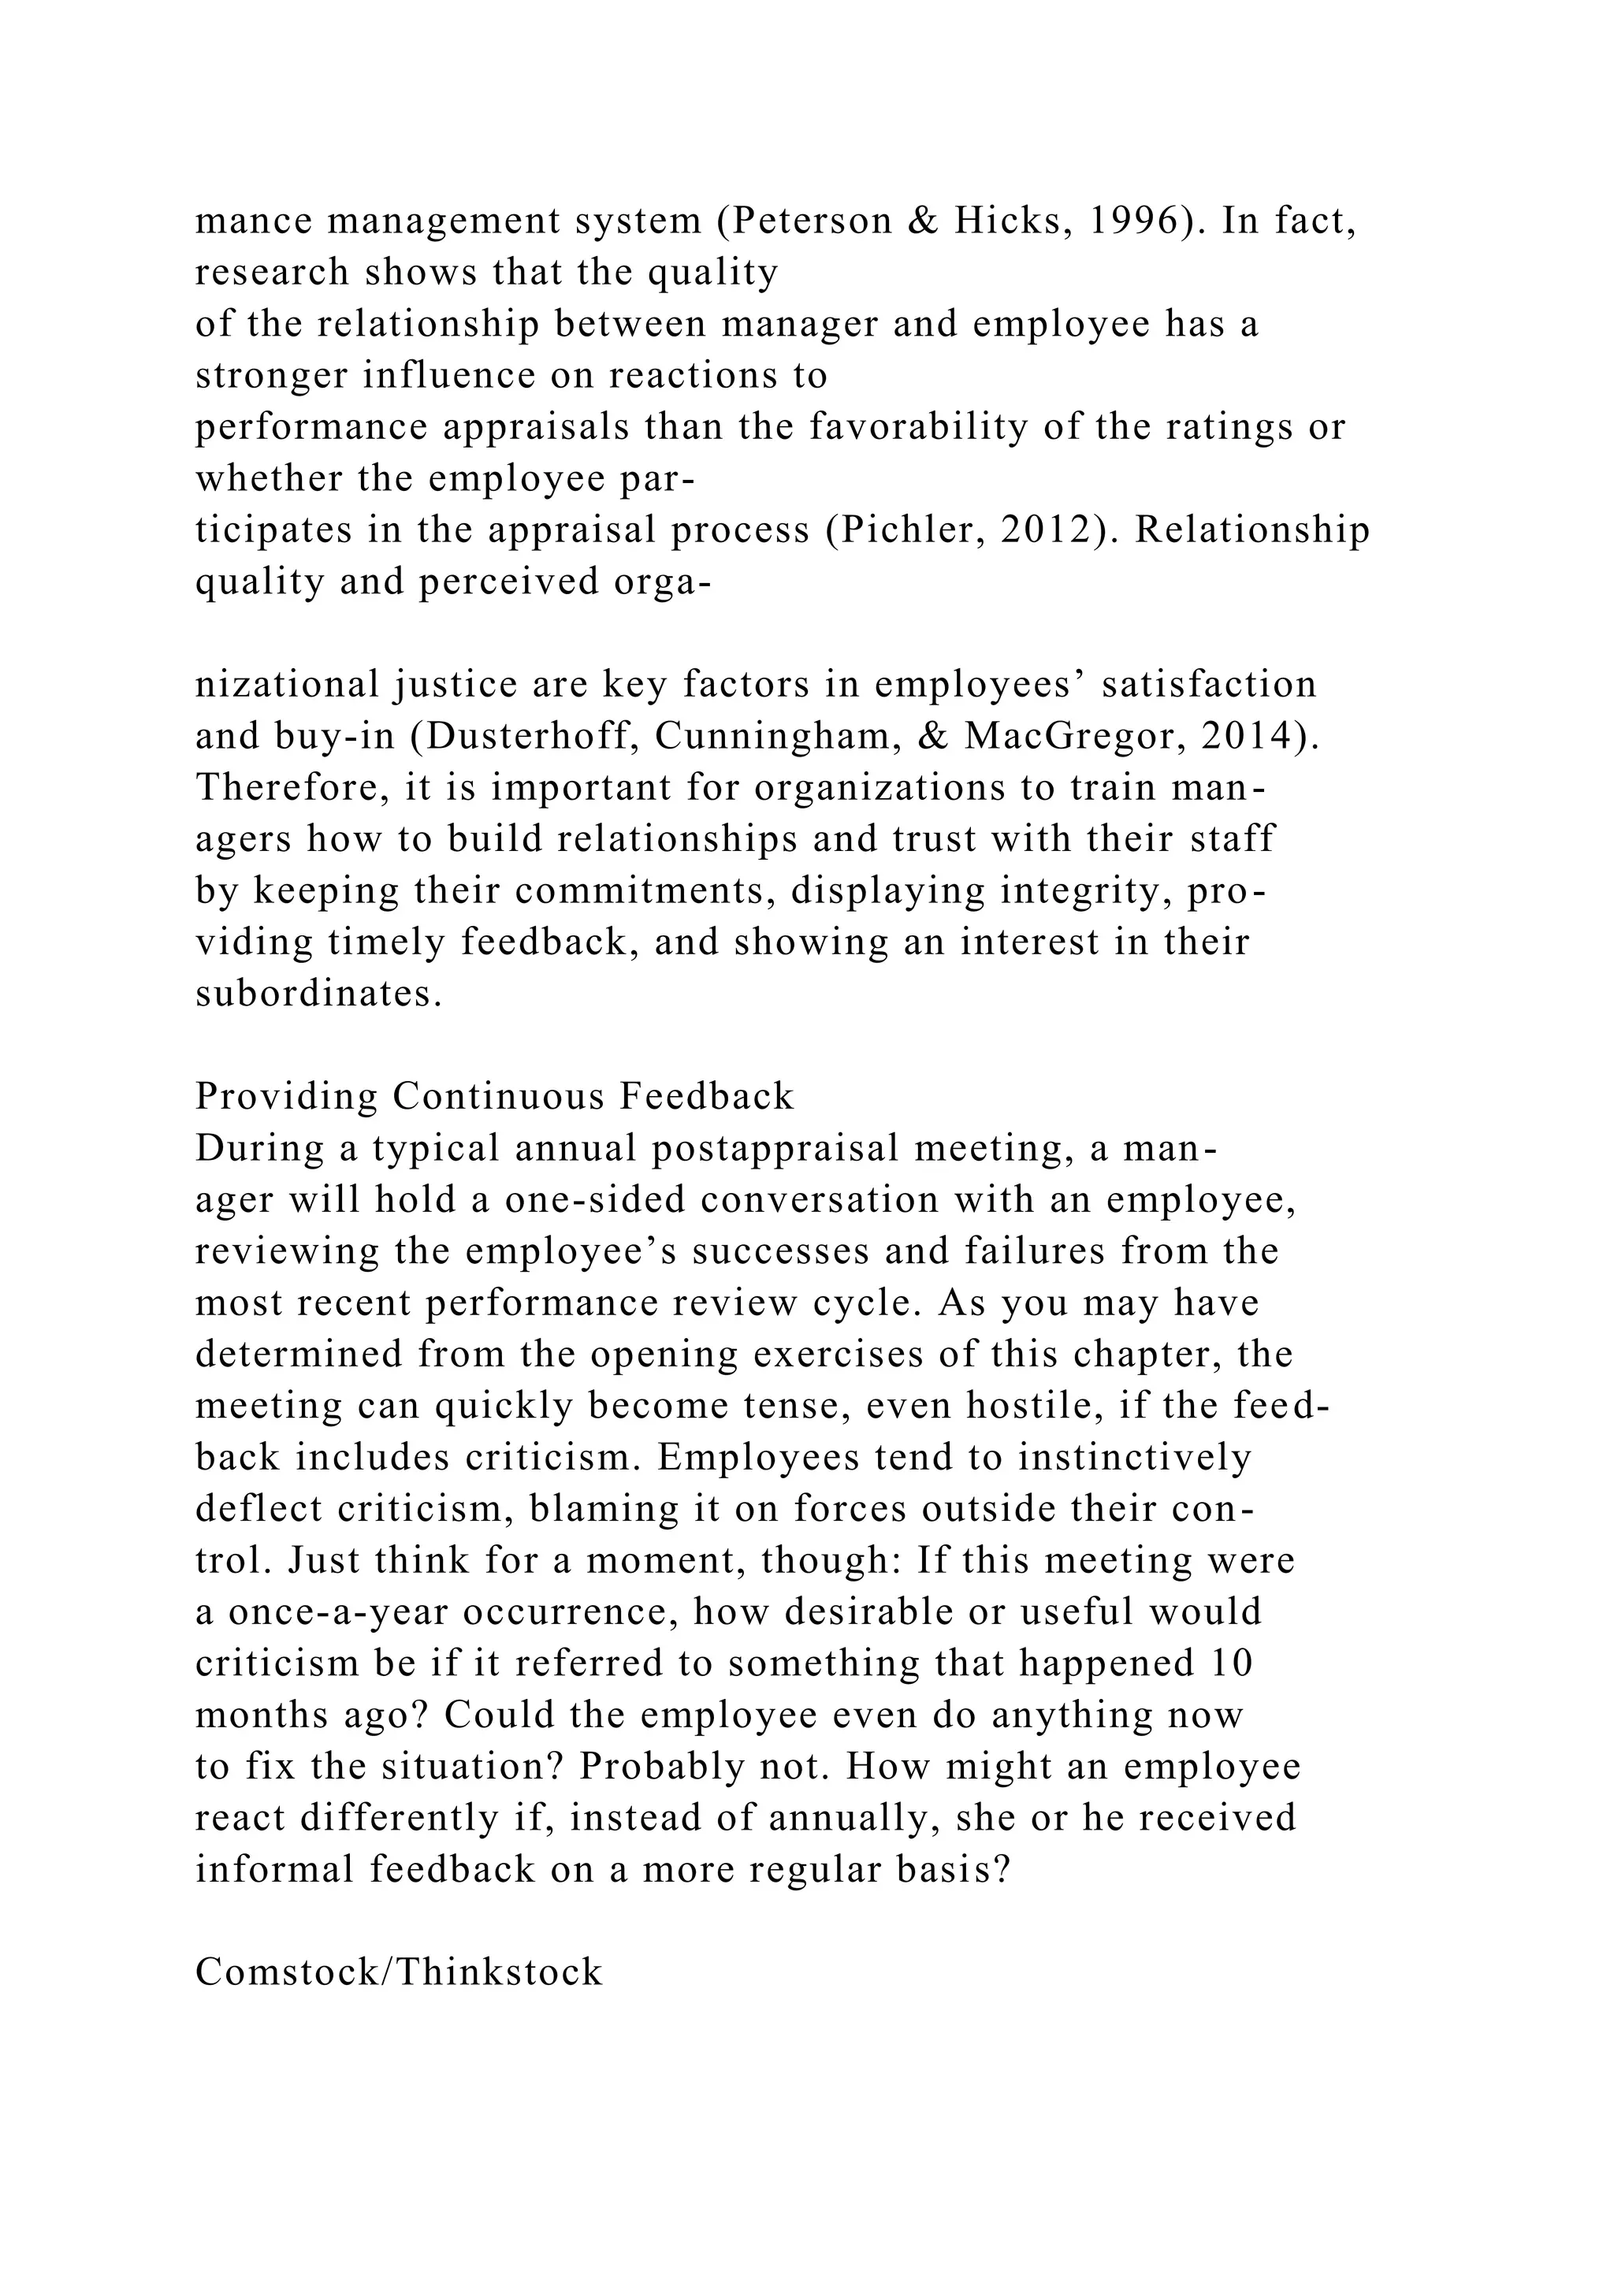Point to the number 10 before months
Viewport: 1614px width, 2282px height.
pos(1231,1663)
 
